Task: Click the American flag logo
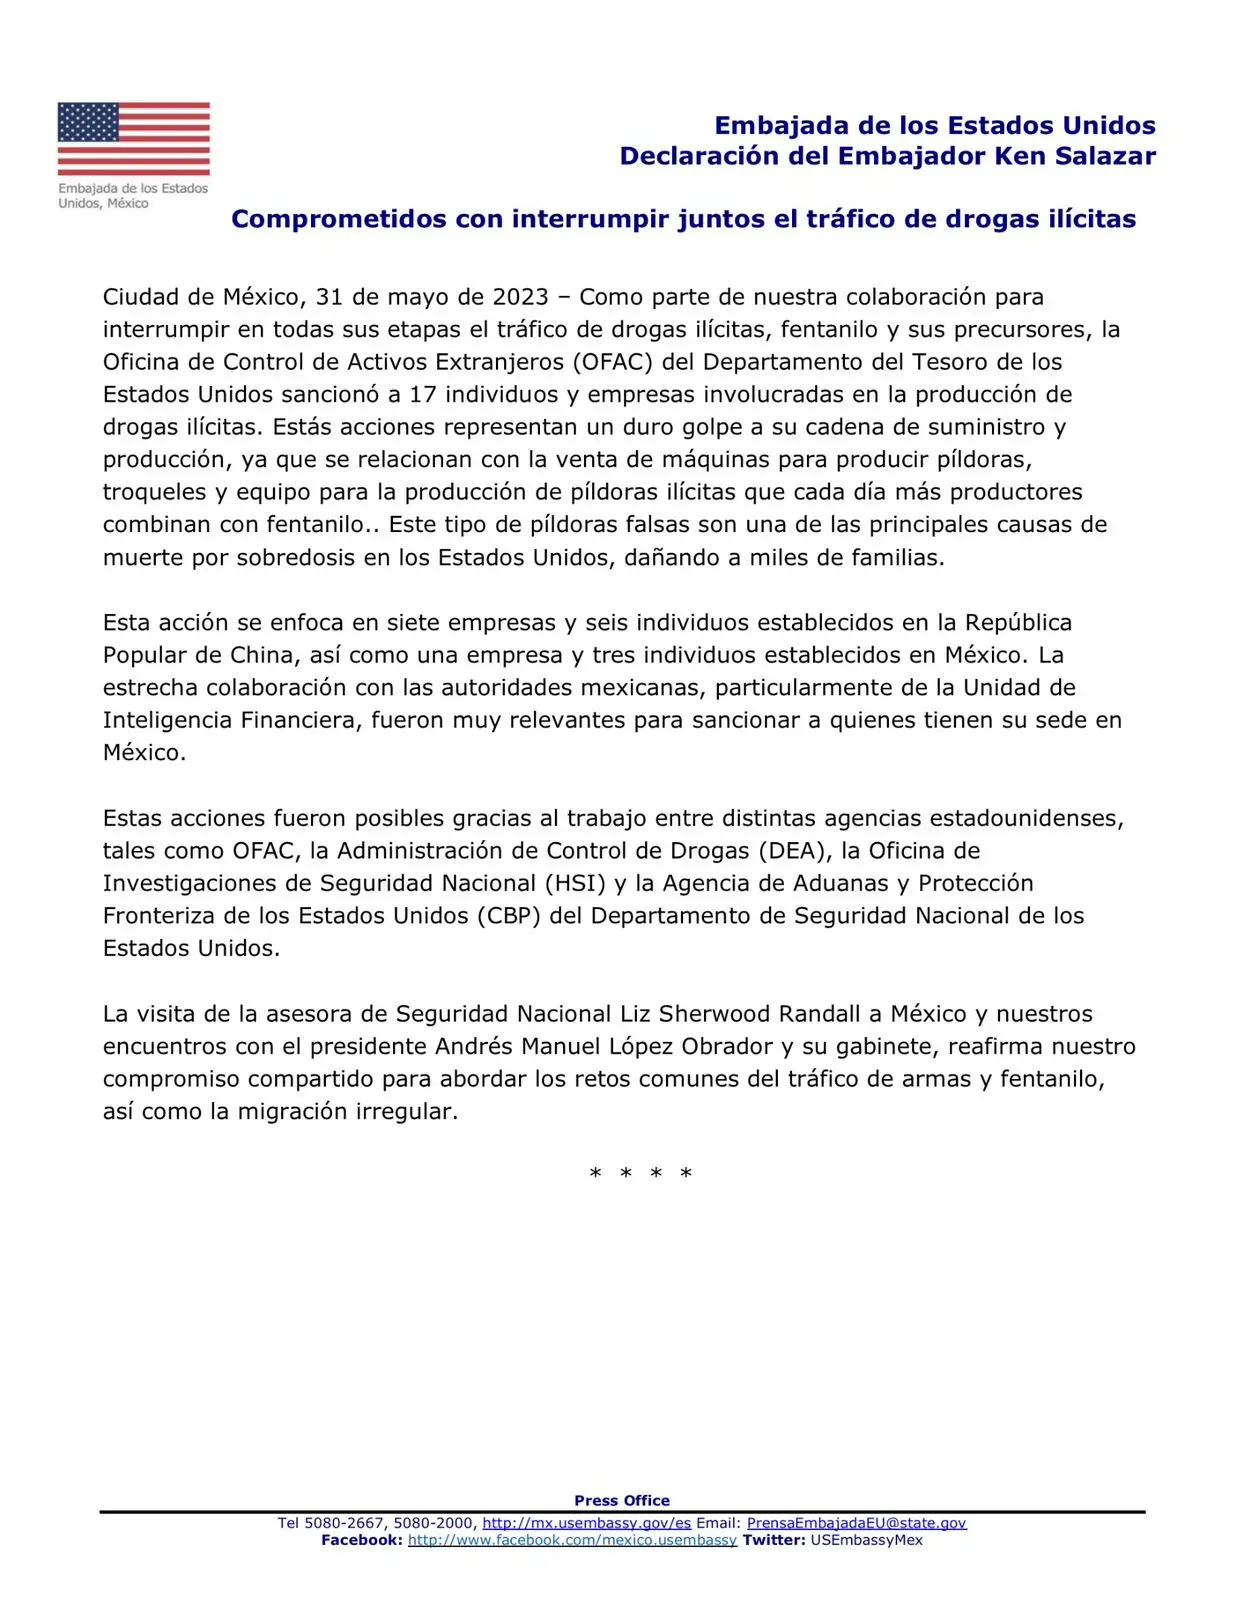(x=134, y=138)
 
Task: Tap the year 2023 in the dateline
(x=520, y=297)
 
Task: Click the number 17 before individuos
(x=423, y=395)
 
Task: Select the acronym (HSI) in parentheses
(x=575, y=884)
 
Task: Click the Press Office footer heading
(x=622, y=1500)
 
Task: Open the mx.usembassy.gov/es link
(x=587, y=1523)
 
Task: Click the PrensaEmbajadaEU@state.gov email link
(x=856, y=1523)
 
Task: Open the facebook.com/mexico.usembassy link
(x=572, y=1540)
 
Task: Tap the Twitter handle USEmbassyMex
(x=866, y=1540)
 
